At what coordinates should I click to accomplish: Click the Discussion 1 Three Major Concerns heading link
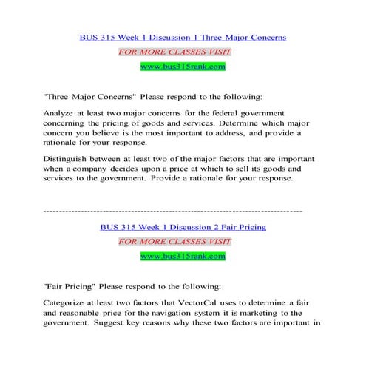[183, 36]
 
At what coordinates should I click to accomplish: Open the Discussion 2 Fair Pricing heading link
[183, 227]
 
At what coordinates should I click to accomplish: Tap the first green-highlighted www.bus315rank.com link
[183, 67]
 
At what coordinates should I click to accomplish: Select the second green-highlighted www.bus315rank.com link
[183, 257]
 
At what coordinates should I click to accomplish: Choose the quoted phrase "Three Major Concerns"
[88, 96]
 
